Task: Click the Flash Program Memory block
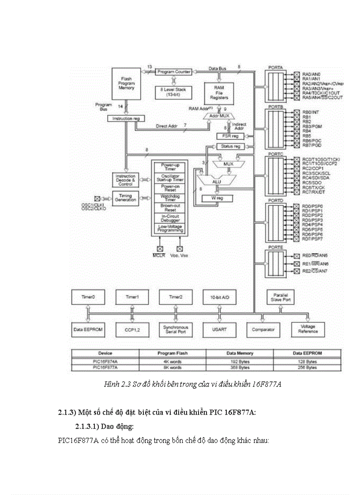[126, 83]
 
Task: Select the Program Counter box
[173, 71]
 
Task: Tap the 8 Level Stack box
[173, 92]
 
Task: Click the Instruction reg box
[126, 119]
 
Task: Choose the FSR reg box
[229, 136]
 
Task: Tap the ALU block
[216, 181]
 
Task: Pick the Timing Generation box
[126, 197]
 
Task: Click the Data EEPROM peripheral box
[88, 329]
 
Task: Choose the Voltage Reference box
[307, 329]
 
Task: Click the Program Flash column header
[172, 353]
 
